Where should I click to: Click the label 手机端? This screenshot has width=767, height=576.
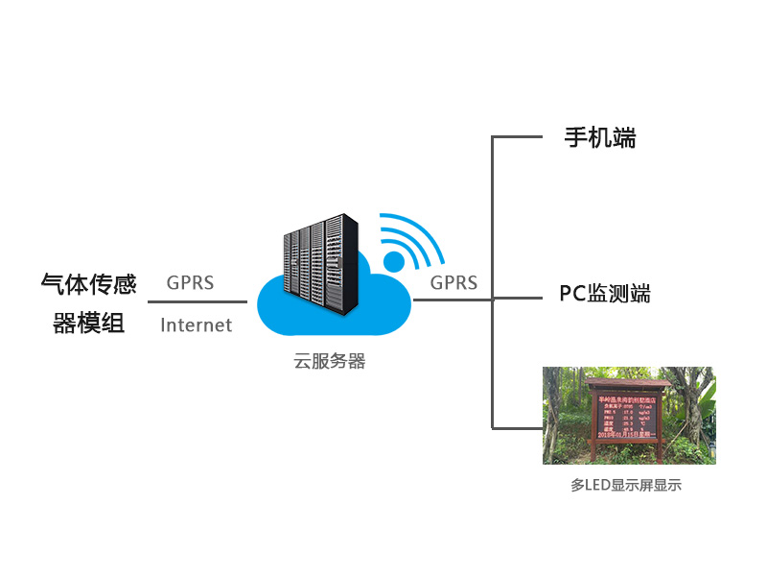pyautogui.click(x=600, y=138)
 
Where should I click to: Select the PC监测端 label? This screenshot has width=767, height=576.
pyautogui.click(x=605, y=294)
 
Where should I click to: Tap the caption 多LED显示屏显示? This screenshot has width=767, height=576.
pyautogui.click(x=625, y=486)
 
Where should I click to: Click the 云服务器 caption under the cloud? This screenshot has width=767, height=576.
pyautogui.click(x=330, y=362)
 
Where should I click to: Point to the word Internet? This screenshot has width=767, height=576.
pyautogui.click(x=197, y=325)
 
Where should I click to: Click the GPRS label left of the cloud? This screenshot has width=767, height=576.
pyautogui.click(x=190, y=283)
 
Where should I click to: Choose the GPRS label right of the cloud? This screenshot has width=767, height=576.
pyautogui.click(x=453, y=283)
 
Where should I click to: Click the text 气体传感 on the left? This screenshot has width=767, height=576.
pyautogui.click(x=88, y=284)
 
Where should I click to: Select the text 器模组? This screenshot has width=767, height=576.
pyautogui.click(x=88, y=324)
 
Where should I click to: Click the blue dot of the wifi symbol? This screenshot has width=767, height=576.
pyautogui.click(x=394, y=262)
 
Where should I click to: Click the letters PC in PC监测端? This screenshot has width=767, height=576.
pyautogui.click(x=571, y=294)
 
